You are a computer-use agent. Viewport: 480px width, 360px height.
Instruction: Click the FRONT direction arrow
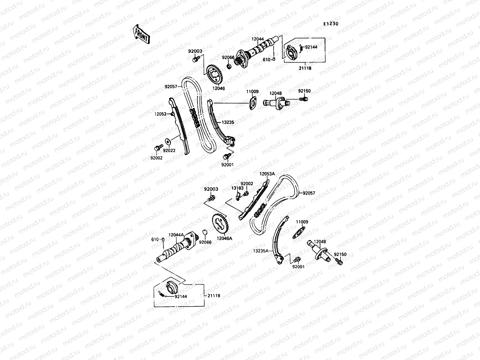pyautogui.click(x=141, y=34)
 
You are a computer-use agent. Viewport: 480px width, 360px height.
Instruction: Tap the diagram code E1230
pyautogui.click(x=331, y=24)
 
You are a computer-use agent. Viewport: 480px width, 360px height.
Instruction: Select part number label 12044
pyautogui.click(x=257, y=39)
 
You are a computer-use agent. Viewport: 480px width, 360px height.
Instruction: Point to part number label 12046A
pyautogui.click(x=225, y=239)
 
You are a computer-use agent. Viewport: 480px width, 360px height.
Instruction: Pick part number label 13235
pyautogui.click(x=228, y=122)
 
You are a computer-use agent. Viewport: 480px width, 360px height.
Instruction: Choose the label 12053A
pyautogui.click(x=267, y=174)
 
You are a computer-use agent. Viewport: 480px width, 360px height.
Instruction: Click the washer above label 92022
pyautogui.click(x=167, y=140)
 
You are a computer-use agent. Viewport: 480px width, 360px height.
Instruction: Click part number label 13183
pyautogui.click(x=237, y=188)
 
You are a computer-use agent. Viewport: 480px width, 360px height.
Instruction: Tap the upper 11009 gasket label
pyautogui.click(x=252, y=91)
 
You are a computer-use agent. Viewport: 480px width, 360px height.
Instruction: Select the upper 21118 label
pyautogui.click(x=305, y=68)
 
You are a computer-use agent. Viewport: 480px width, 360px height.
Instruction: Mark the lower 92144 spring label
pyautogui.click(x=181, y=296)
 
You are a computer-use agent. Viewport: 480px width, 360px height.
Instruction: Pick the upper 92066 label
pyautogui.click(x=228, y=58)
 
